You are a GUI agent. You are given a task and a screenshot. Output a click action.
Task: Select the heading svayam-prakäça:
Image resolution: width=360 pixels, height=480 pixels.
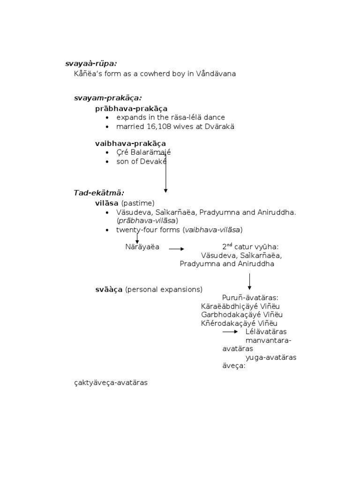tap(108, 98)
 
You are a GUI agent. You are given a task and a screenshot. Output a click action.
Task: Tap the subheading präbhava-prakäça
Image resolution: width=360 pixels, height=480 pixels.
tap(131, 108)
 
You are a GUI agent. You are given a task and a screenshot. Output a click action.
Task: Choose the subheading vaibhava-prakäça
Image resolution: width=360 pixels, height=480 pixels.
tap(130, 143)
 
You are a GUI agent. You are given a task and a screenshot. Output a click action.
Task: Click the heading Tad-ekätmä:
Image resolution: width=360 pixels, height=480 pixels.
tap(99, 193)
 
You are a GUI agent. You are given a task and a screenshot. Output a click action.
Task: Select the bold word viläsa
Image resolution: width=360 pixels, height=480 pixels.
tap(107, 203)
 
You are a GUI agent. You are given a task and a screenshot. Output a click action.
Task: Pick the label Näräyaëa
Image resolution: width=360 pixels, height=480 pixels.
tap(142, 247)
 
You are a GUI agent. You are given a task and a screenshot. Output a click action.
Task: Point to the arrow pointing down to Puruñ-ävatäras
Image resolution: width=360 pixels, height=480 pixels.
tap(249, 281)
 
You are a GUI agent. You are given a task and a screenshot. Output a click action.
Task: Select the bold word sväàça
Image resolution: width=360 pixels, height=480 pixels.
tap(109, 290)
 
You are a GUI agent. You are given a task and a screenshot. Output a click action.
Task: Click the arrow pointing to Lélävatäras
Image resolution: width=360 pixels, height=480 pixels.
tap(230, 332)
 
